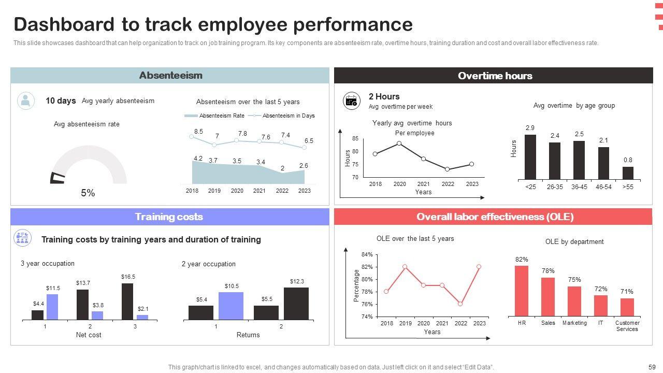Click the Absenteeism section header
[170, 76]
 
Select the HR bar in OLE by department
[522, 291]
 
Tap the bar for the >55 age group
[628, 173]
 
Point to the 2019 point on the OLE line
[405, 267]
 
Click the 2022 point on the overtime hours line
[448, 169]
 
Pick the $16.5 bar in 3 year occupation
[127, 302]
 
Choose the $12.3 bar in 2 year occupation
[296, 304]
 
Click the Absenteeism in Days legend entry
[288, 116]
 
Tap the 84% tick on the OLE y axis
[367, 254]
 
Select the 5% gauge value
[88, 193]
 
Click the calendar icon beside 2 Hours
[352, 101]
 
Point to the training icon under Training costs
[22, 238]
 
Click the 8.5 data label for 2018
[198, 132]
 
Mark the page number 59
[652, 367]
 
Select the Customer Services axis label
[627, 326]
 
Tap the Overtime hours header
[495, 76]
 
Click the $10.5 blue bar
[231, 306]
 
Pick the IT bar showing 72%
[601, 306]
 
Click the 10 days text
[61, 101]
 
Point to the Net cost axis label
[89, 335]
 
